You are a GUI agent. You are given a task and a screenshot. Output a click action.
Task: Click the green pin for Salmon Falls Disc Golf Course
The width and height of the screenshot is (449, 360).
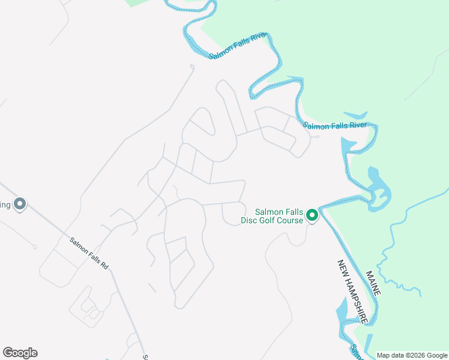point(312,214)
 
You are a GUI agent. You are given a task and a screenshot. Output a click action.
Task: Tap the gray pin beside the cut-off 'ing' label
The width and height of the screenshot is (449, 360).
point(20,205)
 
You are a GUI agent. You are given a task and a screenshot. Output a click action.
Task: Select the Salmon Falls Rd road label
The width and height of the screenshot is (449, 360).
point(89,253)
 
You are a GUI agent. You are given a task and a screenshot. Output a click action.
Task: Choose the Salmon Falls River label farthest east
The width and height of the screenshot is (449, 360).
point(334,125)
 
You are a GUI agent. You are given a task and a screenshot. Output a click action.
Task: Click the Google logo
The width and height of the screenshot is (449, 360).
point(20,353)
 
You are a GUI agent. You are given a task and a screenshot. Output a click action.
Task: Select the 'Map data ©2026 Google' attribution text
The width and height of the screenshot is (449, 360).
point(412,355)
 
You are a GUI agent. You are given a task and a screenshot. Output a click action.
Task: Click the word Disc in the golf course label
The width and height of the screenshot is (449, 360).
point(251,220)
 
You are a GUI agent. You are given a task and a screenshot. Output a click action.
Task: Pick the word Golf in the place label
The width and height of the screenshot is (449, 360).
point(268,220)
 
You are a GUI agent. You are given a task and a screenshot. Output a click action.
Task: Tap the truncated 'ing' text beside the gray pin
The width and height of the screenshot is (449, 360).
point(5,205)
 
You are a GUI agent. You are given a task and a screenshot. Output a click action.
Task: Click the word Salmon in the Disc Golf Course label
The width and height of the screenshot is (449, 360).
point(269,211)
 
